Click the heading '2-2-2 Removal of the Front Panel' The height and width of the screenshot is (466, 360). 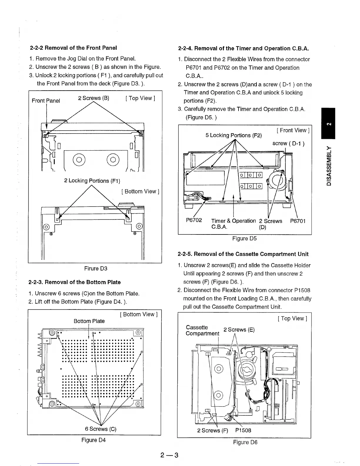[74, 48]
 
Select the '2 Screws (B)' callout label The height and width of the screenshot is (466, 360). [94, 98]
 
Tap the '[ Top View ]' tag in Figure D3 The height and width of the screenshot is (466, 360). [140, 98]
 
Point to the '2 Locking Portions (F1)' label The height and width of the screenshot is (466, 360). [92, 181]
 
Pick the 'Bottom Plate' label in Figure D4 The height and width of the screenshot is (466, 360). [89, 321]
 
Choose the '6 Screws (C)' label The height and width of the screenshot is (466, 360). [101, 429]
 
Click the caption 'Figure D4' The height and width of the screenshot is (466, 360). [94, 440]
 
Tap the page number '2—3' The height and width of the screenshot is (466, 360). [169, 456]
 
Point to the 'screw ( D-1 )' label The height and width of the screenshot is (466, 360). [288, 144]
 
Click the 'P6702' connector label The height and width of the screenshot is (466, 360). [194, 220]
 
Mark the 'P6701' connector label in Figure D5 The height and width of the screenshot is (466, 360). [298, 221]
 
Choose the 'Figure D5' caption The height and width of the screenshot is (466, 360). [244, 239]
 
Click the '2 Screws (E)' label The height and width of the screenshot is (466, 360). [239, 329]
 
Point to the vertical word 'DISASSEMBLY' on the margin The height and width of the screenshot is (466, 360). [329, 166]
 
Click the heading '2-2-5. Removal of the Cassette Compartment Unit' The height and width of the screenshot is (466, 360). [243, 254]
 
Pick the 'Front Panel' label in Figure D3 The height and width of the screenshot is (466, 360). [46, 101]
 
